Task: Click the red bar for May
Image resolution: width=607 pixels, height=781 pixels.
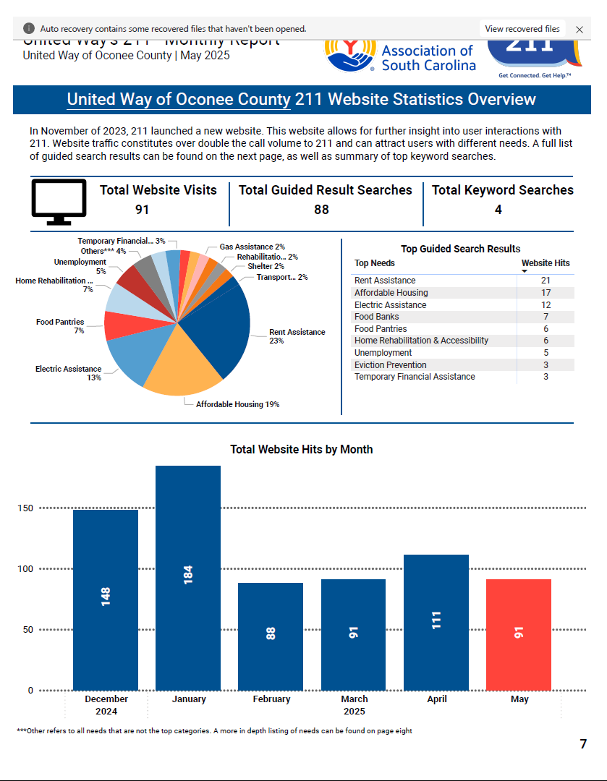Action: [518, 634]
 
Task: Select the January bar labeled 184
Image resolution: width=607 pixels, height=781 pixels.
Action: [188, 578]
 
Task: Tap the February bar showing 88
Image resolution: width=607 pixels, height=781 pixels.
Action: [271, 636]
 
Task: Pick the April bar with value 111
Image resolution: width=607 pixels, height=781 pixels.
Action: [436, 622]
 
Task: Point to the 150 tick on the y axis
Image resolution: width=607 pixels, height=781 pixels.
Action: [25, 508]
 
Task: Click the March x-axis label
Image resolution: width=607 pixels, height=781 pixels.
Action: [354, 699]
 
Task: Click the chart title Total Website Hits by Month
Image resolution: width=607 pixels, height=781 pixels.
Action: [302, 450]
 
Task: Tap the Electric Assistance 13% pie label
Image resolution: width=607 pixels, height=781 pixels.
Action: [69, 373]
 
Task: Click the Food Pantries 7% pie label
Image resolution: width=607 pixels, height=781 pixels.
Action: [61, 326]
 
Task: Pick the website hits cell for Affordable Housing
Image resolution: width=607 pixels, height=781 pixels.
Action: [546, 293]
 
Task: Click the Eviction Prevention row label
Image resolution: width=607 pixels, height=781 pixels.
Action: [391, 365]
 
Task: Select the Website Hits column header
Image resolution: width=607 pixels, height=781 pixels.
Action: [546, 263]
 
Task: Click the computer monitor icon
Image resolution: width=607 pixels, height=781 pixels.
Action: [59, 199]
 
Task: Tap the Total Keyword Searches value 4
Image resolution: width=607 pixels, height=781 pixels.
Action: [498, 210]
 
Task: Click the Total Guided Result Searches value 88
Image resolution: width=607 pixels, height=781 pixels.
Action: [321, 210]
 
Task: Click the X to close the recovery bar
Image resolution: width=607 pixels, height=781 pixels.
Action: [580, 30]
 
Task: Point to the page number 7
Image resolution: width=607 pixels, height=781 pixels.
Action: [583, 744]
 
